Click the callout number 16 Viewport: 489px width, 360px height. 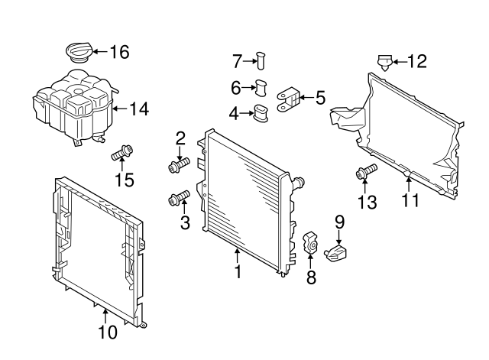[119, 52]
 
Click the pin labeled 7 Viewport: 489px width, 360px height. [262, 60]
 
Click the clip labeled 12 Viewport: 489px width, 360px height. [386, 61]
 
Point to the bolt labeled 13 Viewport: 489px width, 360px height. [365, 172]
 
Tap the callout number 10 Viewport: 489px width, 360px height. [108, 332]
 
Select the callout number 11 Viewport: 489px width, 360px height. [411, 202]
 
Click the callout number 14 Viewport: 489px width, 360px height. [138, 109]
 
